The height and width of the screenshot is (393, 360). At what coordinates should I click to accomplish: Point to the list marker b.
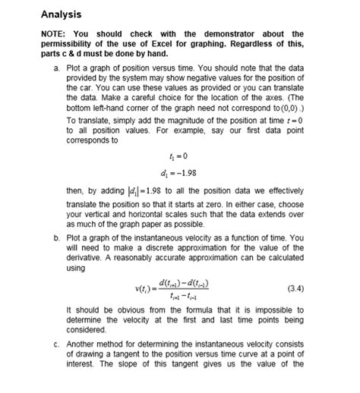pyautogui.click(x=57, y=237)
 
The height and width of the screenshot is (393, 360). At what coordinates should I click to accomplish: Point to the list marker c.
pyautogui.click(x=57, y=344)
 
